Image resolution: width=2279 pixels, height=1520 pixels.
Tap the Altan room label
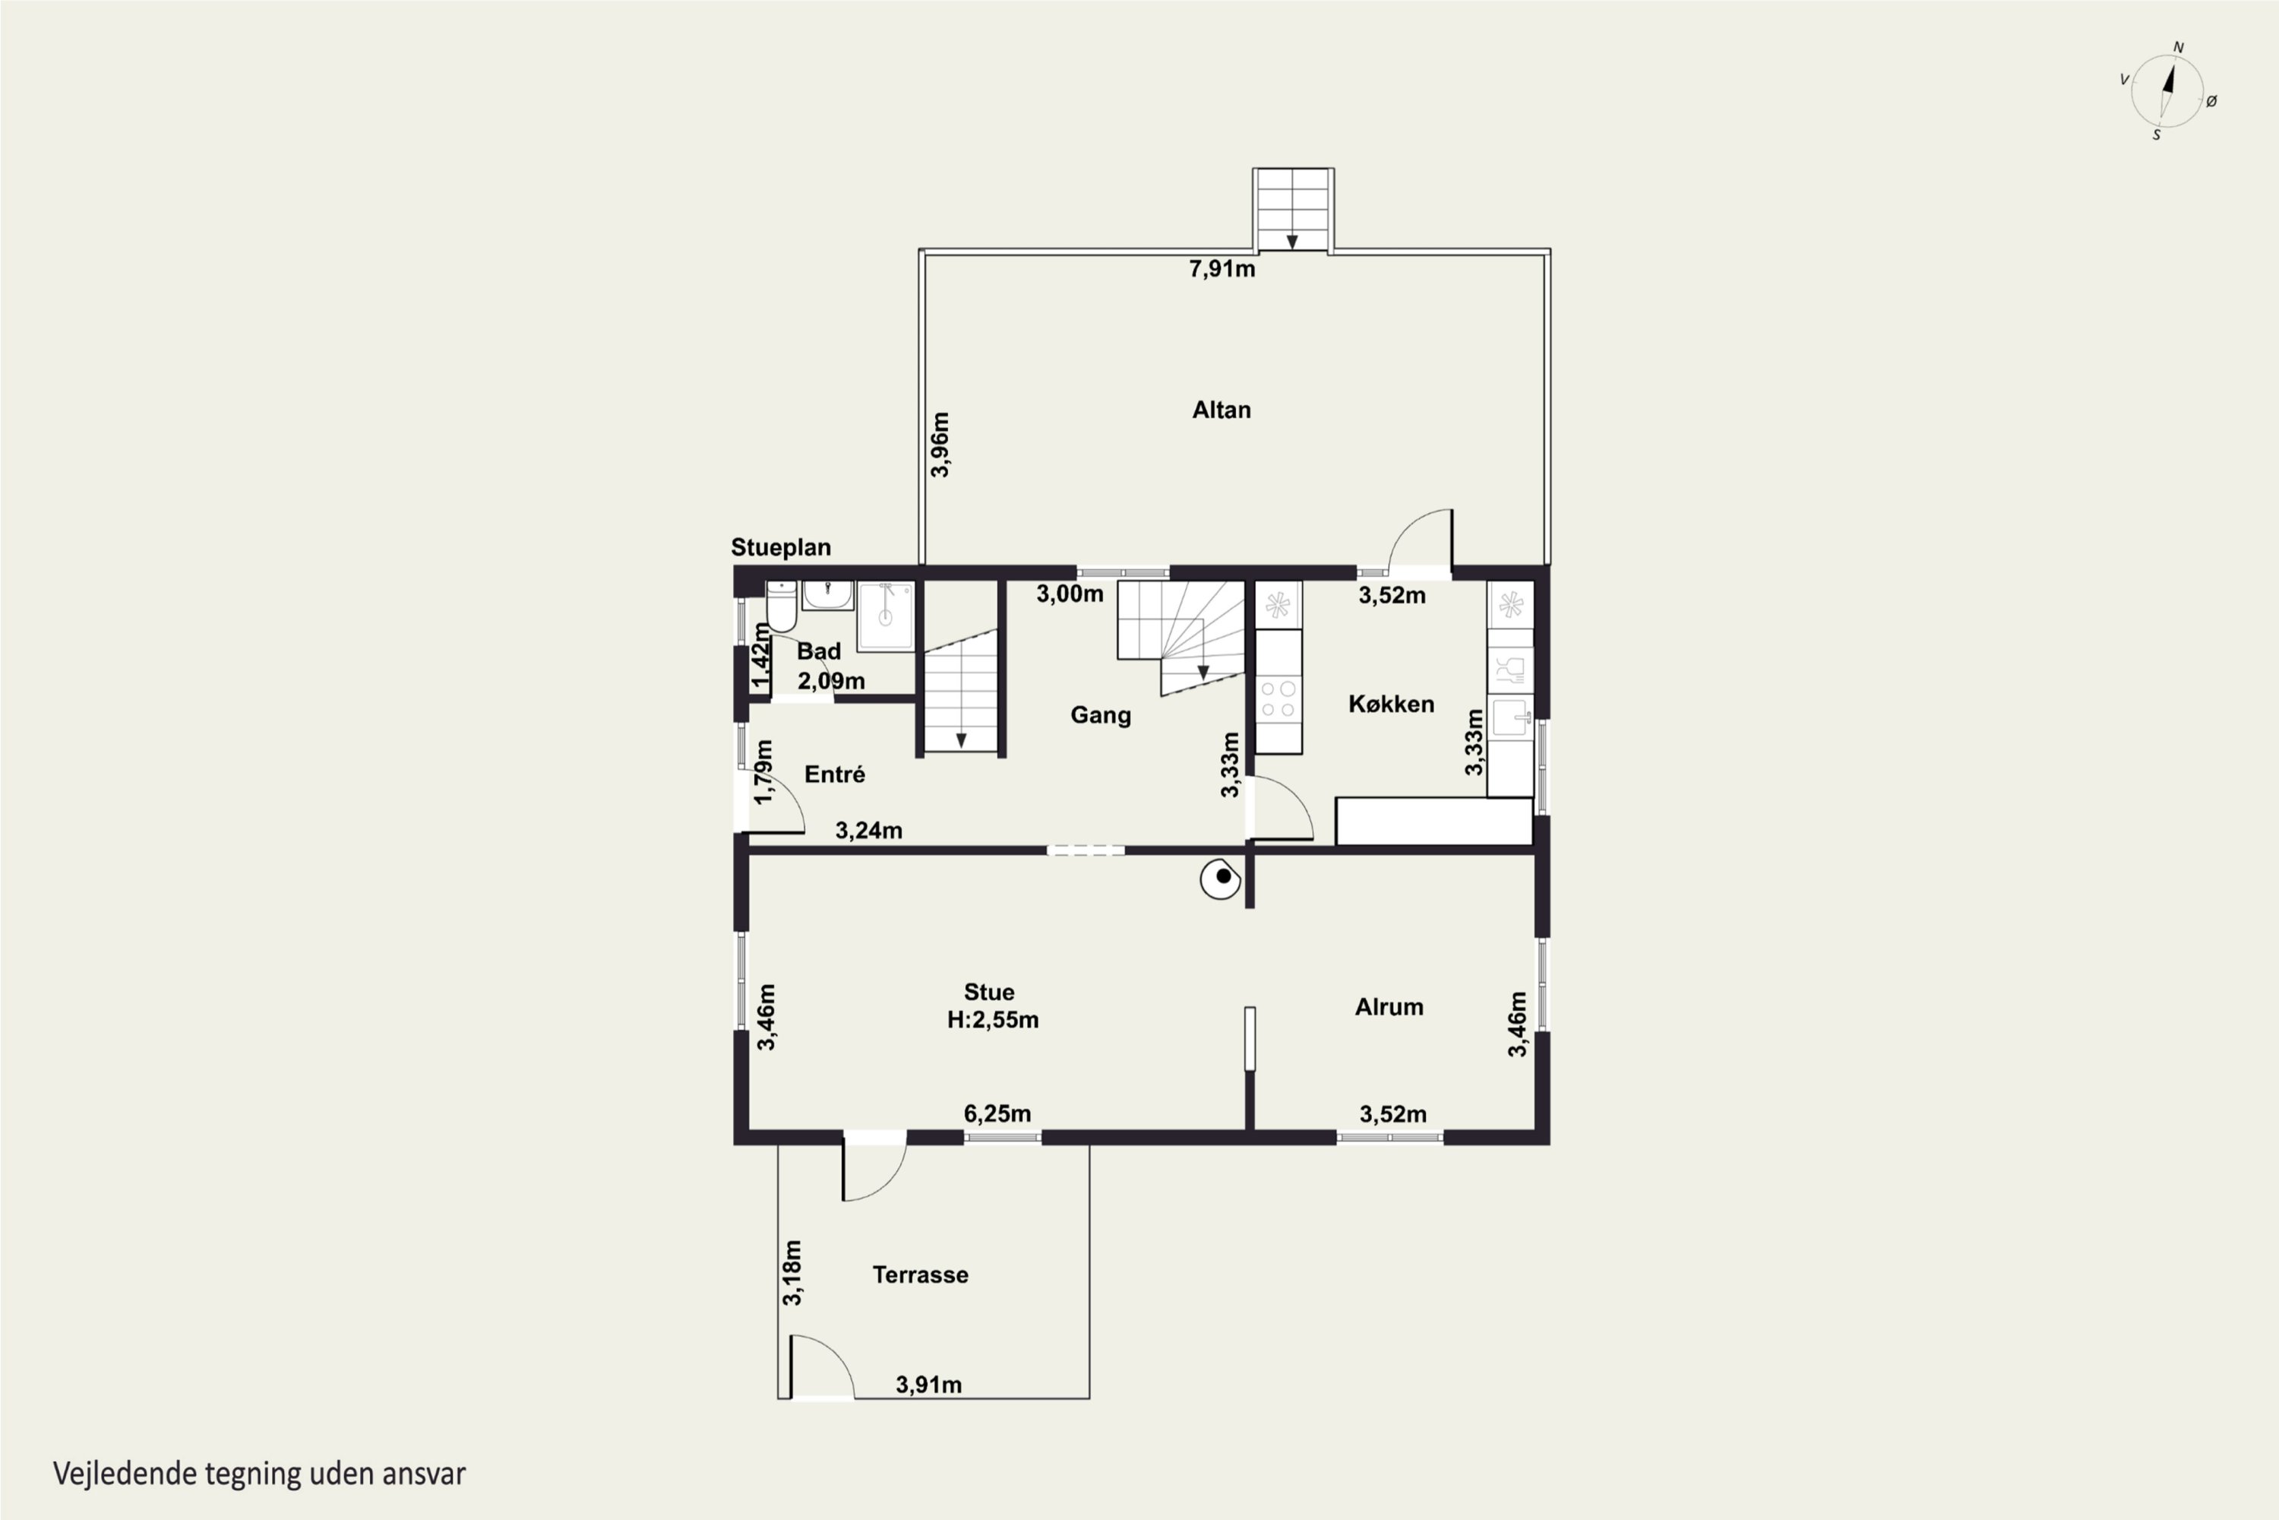tap(1221, 410)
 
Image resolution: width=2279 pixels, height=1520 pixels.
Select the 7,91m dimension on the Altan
tap(1222, 268)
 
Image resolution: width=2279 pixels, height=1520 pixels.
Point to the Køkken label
tap(1390, 704)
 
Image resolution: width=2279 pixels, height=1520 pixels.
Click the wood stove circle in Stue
tap(1221, 879)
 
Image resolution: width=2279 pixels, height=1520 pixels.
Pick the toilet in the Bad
tap(781, 606)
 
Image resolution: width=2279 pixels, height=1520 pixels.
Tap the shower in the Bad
tap(885, 616)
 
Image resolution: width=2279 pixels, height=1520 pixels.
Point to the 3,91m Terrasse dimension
tap(928, 1384)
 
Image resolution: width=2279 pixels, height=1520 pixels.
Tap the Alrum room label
tap(1389, 1006)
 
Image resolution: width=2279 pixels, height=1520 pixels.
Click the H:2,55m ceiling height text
tap(992, 1020)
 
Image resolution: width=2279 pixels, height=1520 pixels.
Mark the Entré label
tap(834, 774)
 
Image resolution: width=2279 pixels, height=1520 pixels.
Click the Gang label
tap(1100, 714)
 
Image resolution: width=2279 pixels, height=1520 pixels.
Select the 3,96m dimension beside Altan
tap(940, 444)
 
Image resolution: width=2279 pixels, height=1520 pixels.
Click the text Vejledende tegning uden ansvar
tap(259, 1474)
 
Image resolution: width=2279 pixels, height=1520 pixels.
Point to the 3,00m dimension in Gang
tap(1070, 594)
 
